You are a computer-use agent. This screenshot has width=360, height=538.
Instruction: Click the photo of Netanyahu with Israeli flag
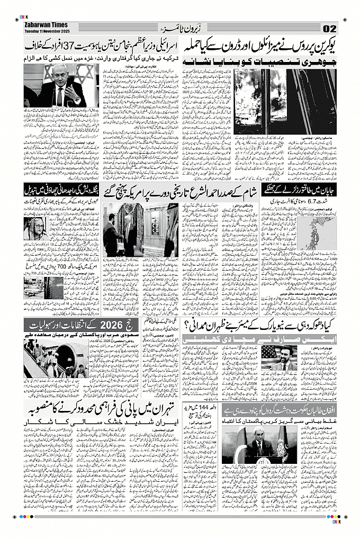pyautogui.click(x=58, y=87)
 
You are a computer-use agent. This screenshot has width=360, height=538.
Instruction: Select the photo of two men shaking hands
pyautogui.click(x=141, y=230)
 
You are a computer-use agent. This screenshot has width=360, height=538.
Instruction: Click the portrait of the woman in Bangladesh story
pyautogui.click(x=34, y=228)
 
